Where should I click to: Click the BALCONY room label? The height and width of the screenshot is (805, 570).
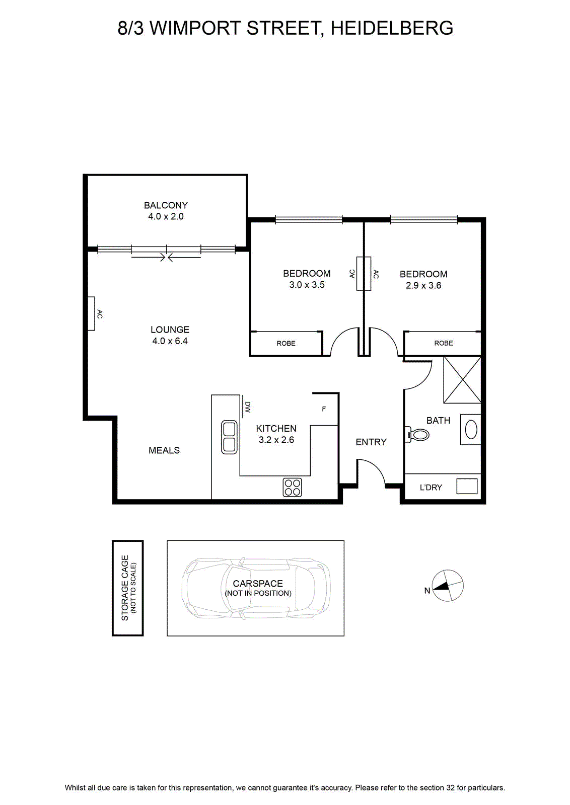click(166, 205)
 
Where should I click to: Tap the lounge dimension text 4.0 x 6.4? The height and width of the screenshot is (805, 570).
click(170, 341)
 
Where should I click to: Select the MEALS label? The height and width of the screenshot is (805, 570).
click(164, 450)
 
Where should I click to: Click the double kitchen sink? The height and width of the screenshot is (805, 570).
click(229, 437)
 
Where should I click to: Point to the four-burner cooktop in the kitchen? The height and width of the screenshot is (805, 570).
click(292, 488)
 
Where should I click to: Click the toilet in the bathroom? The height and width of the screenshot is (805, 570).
click(417, 435)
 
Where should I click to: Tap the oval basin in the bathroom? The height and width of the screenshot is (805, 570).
click(471, 430)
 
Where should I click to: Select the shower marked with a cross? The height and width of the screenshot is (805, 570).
click(462, 379)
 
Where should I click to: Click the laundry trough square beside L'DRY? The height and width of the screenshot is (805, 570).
click(467, 486)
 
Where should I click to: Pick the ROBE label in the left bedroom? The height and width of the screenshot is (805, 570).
click(286, 343)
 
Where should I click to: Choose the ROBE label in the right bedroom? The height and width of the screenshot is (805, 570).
click(444, 343)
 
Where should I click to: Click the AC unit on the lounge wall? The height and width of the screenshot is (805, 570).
click(91, 313)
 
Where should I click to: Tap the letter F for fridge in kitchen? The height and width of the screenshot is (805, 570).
click(324, 409)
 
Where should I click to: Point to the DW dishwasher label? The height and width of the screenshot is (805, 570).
click(247, 407)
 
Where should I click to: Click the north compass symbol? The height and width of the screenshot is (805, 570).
click(447, 586)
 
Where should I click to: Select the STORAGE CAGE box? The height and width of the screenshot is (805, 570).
click(128, 588)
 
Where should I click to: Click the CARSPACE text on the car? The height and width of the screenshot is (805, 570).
click(257, 583)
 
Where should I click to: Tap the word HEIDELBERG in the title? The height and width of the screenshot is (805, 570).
click(392, 28)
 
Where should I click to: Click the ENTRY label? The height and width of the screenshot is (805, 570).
click(371, 442)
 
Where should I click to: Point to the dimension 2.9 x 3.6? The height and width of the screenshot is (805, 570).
click(423, 285)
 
